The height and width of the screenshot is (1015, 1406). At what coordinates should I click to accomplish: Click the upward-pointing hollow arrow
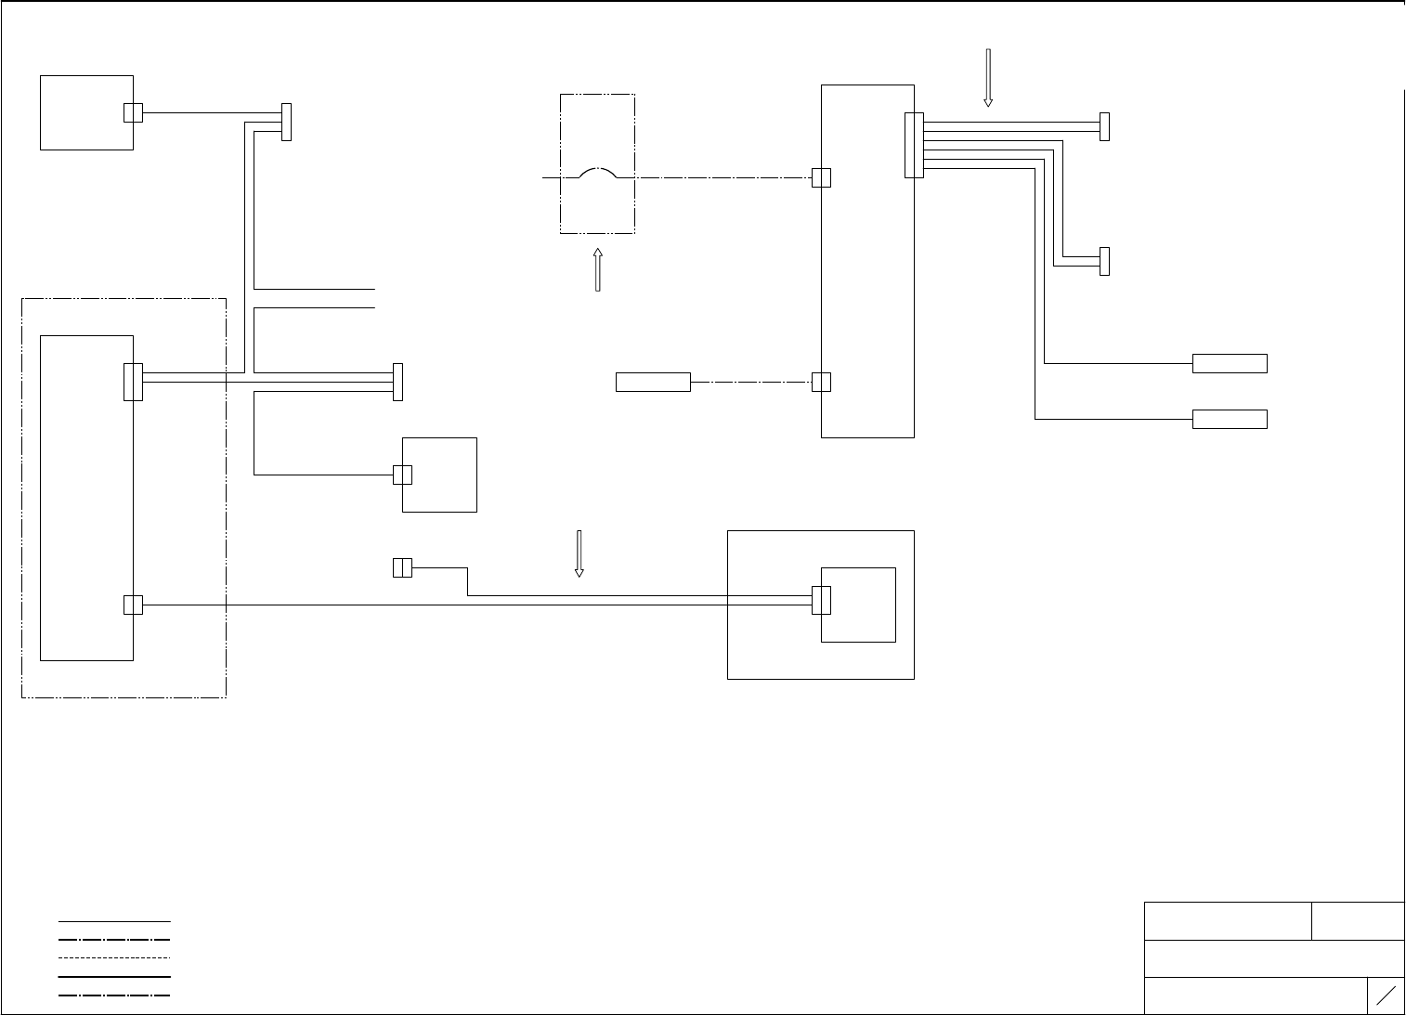[x=597, y=269]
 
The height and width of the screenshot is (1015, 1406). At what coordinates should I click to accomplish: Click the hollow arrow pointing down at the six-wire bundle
[x=988, y=77]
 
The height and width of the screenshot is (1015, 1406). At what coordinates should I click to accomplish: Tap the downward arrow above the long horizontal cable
[x=579, y=553]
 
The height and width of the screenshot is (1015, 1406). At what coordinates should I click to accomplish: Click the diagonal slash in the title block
[x=1386, y=995]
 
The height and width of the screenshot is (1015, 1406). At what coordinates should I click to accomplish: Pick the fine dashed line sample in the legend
[x=114, y=957]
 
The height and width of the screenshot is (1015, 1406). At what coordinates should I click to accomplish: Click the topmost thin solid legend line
[x=114, y=921]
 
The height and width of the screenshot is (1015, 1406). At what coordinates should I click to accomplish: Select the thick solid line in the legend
[x=114, y=976]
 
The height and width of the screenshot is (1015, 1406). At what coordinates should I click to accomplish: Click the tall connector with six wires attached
[x=914, y=145]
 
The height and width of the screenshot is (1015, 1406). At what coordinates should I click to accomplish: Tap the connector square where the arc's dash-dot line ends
[x=821, y=177]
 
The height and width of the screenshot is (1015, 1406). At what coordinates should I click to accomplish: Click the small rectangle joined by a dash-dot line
[x=653, y=382]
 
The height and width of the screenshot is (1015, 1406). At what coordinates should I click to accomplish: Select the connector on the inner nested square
[x=821, y=600]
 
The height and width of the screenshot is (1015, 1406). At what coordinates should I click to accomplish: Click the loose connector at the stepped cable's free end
[x=402, y=567]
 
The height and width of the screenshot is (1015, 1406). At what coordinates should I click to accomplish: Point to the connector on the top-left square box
[x=133, y=112]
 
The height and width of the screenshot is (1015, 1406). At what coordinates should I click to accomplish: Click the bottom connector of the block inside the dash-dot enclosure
[x=133, y=605]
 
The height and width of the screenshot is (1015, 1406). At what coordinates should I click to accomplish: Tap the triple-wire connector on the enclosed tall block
[x=133, y=382]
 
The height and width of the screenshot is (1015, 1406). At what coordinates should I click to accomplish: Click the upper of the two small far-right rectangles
[x=1230, y=363]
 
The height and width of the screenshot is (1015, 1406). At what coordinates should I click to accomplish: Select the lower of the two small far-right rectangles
[x=1230, y=419]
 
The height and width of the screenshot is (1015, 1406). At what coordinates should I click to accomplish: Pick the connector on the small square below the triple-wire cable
[x=402, y=475]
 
